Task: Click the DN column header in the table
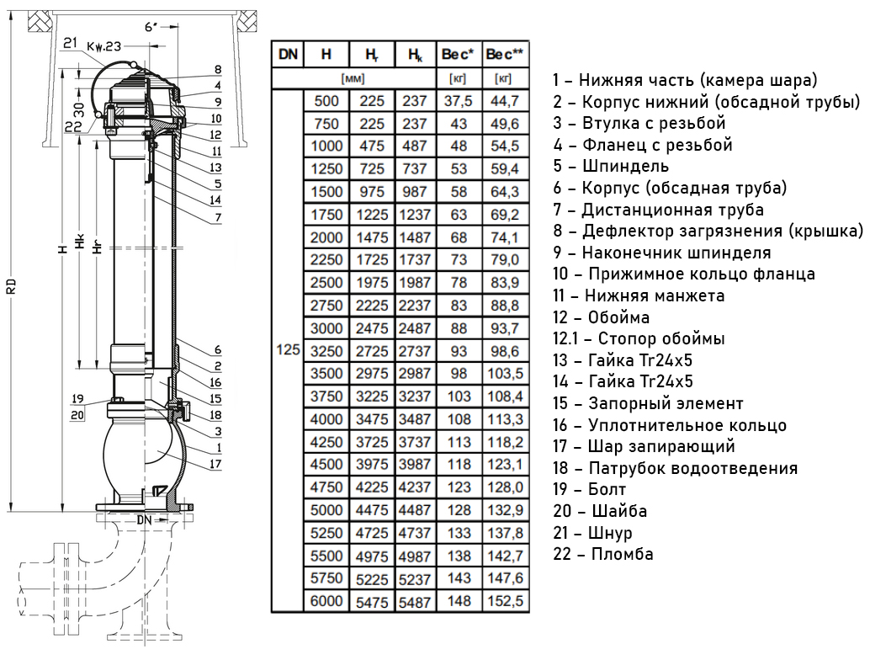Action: [287, 55]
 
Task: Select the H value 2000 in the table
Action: [326, 237]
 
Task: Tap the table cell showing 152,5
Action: [505, 601]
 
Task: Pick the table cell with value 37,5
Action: [459, 101]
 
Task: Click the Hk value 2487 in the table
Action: [415, 327]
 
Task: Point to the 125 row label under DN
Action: [287, 349]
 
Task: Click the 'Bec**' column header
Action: [505, 55]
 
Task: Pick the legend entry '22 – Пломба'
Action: [602, 554]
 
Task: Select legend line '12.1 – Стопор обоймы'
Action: [639, 338]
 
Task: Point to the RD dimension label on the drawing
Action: [12, 286]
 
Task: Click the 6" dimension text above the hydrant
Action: [151, 27]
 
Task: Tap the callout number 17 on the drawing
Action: [216, 463]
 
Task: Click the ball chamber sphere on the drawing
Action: [143, 455]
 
